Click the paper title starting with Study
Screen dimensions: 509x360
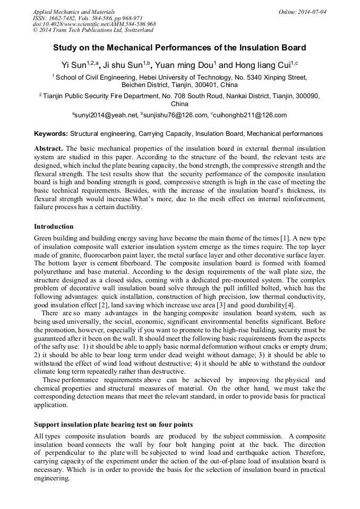[179, 48]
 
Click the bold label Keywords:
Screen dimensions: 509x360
[51, 134]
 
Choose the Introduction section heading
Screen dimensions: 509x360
[54, 227]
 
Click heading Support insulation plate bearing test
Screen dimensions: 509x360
[113, 425]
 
